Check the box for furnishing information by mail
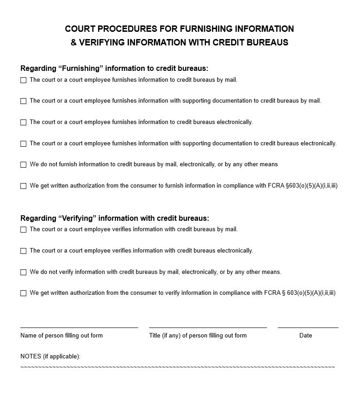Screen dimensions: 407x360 click(23, 80)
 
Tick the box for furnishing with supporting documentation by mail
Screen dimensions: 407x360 click(23, 101)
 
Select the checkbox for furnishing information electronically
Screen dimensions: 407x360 click(23, 123)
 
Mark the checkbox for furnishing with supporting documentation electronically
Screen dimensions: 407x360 click(23, 144)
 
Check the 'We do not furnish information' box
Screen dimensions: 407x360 click(23, 165)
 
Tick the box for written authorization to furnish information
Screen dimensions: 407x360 click(23, 186)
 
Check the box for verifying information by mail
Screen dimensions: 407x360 click(23, 230)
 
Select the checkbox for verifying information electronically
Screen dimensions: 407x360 click(23, 251)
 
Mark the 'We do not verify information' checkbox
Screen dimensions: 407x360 click(23, 273)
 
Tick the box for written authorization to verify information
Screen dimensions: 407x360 click(23, 293)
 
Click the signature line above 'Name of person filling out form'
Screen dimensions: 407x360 click(79, 327)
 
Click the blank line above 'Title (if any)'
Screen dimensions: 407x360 click(207, 327)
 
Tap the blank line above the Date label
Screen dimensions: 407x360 click(308, 327)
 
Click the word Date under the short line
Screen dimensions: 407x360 click(306, 336)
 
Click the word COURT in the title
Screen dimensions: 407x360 click(80, 29)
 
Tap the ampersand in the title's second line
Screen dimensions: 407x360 click(74, 43)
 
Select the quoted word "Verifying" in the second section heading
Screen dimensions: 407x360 click(77, 218)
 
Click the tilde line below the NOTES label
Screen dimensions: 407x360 click(178, 367)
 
